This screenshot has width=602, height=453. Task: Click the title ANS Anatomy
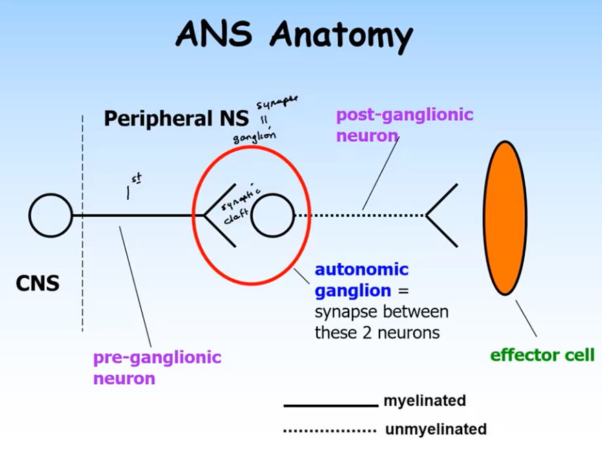click(x=294, y=35)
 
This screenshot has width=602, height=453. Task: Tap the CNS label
click(x=38, y=283)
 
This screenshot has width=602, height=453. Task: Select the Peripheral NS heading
click(x=176, y=118)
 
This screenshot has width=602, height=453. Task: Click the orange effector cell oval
click(x=505, y=218)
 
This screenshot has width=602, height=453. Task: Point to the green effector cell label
click(x=541, y=355)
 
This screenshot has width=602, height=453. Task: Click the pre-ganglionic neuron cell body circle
click(x=50, y=215)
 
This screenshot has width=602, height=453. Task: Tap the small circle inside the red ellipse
click(x=273, y=215)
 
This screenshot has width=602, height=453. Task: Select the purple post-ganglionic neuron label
click(x=404, y=125)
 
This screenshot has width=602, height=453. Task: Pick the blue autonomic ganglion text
click(x=361, y=280)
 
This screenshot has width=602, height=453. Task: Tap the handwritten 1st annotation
click(x=133, y=187)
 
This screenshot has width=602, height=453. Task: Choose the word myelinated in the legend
click(x=424, y=401)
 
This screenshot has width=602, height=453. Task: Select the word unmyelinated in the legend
click(x=435, y=430)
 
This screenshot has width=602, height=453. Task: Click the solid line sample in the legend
click(x=331, y=405)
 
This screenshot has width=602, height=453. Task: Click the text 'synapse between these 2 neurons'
click(x=382, y=322)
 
